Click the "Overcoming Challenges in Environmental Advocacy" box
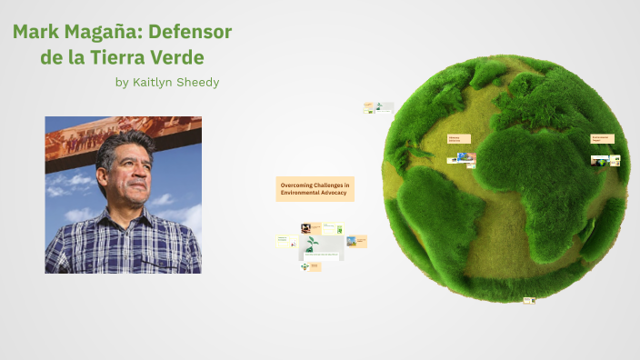point(315,189)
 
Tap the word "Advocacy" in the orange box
point(334,194)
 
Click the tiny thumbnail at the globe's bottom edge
point(529,300)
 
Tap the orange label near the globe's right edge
point(602,138)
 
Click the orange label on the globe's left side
point(458,139)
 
